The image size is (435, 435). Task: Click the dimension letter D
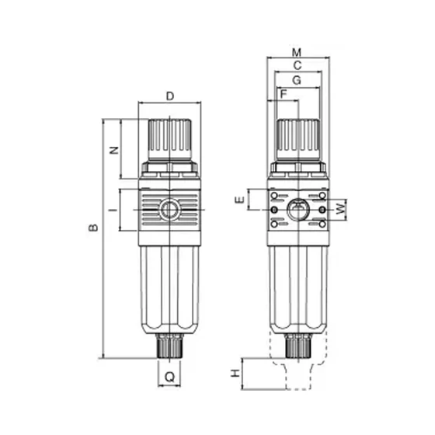pyautogui.click(x=170, y=96)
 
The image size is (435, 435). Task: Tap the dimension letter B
pyautogui.click(x=93, y=228)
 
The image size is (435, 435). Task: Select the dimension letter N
pyautogui.click(x=114, y=151)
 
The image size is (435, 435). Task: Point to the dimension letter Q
pyautogui.click(x=170, y=377)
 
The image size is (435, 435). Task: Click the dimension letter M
pyautogui.click(x=297, y=53)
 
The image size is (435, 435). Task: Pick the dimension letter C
pyautogui.click(x=297, y=66)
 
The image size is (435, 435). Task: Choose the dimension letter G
pyautogui.click(x=297, y=81)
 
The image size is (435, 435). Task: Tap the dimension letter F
pyautogui.click(x=284, y=94)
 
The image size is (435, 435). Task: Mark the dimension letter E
pyautogui.click(x=240, y=200)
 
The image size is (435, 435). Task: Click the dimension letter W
pyautogui.click(x=341, y=208)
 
